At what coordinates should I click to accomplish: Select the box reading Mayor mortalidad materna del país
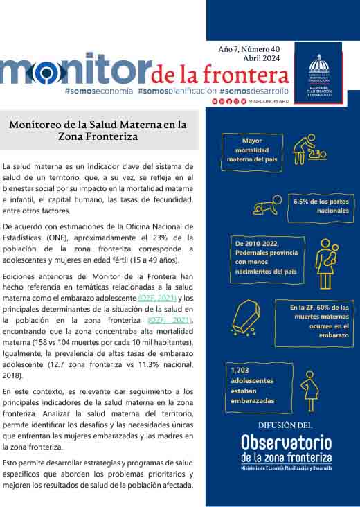[247, 150]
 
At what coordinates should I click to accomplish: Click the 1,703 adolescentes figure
[253, 385]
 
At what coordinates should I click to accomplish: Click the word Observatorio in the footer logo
[286, 441]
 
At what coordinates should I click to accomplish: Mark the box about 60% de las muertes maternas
[320, 320]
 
